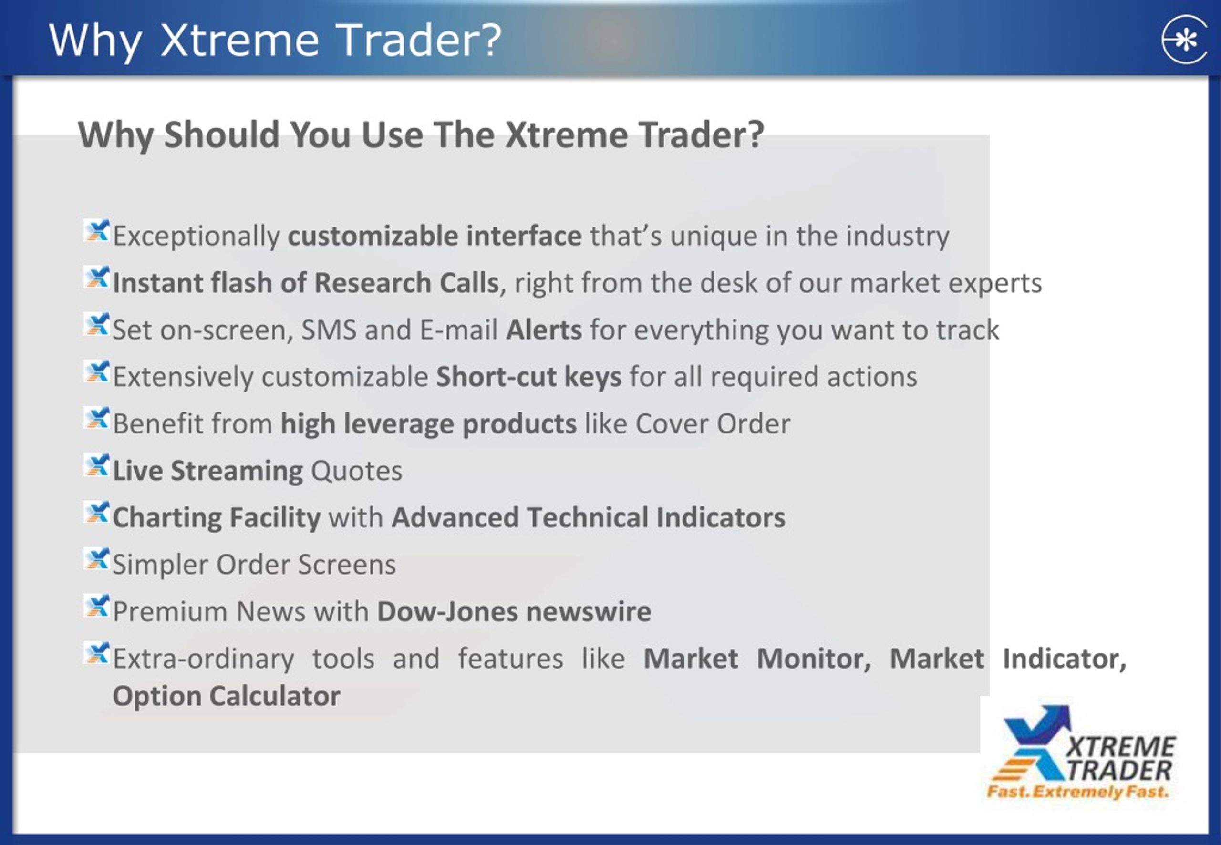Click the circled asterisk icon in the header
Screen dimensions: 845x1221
pos(1184,40)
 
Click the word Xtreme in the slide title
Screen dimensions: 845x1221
pos(239,40)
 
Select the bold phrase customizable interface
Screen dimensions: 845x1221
pos(434,236)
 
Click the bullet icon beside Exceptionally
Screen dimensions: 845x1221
pos(97,231)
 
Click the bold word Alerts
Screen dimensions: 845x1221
pos(544,330)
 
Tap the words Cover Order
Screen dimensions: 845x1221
pos(712,423)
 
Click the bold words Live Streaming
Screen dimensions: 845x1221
pos(207,471)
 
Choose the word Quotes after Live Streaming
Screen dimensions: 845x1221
pos(356,471)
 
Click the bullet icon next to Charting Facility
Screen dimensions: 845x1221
pos(97,513)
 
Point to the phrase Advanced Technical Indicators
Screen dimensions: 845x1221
pos(588,517)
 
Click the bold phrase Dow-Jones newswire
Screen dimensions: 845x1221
pos(514,611)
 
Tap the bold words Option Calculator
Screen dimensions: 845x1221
pos(226,696)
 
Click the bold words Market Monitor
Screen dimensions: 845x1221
pos(756,659)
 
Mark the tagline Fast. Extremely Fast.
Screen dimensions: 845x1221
pos(1077,792)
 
